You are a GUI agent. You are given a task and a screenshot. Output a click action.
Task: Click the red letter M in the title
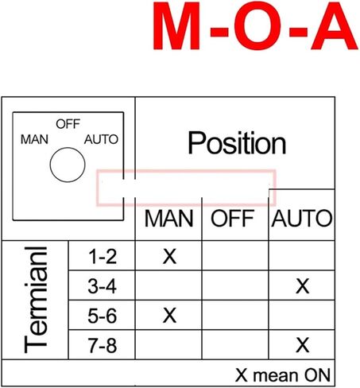pos(176,25)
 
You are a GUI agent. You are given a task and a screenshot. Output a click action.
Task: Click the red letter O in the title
pos(257,25)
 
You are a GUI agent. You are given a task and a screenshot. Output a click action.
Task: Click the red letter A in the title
pos(335,25)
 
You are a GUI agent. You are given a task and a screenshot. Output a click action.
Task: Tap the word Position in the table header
pos(237,143)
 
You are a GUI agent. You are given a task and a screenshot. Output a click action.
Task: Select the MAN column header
pos(169,219)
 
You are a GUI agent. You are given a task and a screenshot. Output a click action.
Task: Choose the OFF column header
pos(233,219)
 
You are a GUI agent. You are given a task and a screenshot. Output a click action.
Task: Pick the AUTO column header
pos(302,219)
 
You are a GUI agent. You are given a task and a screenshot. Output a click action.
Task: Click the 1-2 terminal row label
pos(103,257)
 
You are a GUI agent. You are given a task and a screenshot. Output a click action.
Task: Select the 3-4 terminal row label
pos(103,286)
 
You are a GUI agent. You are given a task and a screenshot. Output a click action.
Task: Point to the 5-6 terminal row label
pos(103,316)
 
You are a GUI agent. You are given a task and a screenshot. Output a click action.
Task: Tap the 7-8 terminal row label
pos(103,345)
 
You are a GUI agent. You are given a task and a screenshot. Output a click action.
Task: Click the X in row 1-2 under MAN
pos(169,257)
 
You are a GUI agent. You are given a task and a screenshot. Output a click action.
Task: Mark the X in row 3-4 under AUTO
pos(302,286)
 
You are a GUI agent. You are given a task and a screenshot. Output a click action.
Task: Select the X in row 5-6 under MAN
pos(169,316)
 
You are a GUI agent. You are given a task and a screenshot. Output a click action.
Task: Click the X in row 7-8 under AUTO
pos(302,345)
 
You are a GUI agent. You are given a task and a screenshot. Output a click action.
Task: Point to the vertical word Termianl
pos(36,300)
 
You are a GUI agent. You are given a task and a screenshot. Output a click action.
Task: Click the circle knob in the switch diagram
pos(68,165)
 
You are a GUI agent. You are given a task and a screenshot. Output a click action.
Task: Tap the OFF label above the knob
pos(68,124)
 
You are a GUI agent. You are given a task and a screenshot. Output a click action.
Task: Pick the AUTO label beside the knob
pos(101,139)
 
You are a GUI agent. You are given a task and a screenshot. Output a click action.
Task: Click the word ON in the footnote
pos(317,375)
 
